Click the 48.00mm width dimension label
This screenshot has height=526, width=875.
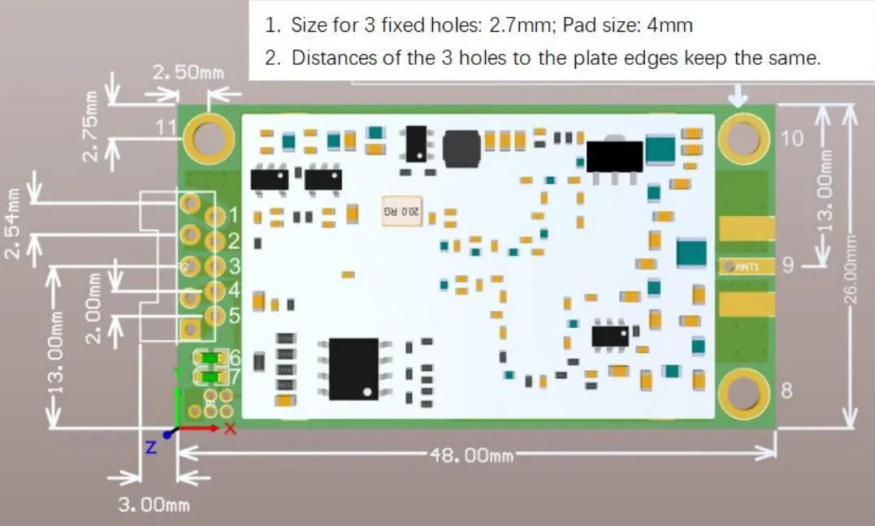click(471, 455)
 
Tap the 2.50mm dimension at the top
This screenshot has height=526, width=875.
click(188, 73)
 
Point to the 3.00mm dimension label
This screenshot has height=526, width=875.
click(154, 505)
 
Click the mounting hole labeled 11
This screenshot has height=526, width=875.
click(209, 136)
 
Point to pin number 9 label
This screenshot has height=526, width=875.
click(786, 265)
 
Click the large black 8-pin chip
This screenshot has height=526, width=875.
click(353, 368)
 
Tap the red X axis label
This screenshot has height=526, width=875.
click(230, 429)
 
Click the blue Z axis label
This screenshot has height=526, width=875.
click(150, 446)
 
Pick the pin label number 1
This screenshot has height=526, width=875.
click(235, 217)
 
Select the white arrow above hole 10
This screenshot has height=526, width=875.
click(738, 97)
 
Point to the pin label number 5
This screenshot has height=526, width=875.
click(234, 317)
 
